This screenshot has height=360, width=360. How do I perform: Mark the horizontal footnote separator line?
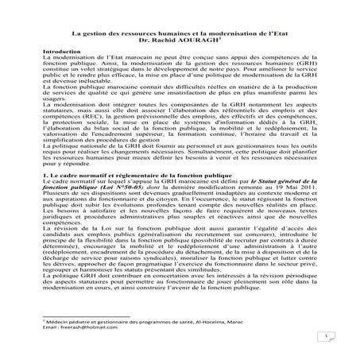click(x=87, y=313)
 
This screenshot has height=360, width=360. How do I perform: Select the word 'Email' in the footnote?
click(x=50, y=327)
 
